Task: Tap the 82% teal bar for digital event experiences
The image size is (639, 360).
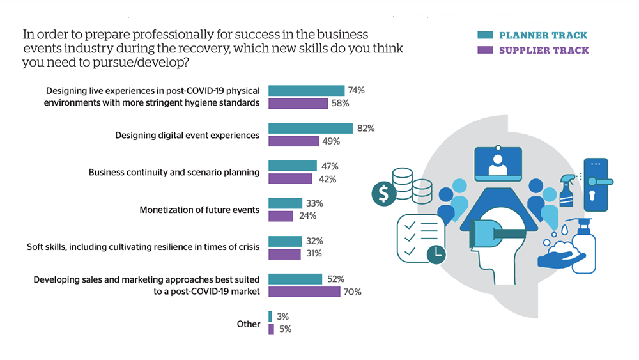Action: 310,128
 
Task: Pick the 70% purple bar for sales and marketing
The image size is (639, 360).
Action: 304,292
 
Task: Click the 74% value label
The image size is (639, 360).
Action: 357,90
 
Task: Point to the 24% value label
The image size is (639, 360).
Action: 307,216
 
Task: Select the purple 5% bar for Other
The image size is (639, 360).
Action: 271,329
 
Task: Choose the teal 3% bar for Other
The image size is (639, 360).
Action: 270,317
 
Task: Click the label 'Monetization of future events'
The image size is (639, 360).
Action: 199,210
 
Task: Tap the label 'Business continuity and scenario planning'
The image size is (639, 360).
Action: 174,172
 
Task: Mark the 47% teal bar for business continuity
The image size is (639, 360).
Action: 292,166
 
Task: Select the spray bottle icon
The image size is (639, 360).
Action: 567,190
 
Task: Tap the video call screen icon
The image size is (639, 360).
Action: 498,164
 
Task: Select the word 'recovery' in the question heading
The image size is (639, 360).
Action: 272,49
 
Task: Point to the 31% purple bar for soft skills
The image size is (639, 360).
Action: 284,254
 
